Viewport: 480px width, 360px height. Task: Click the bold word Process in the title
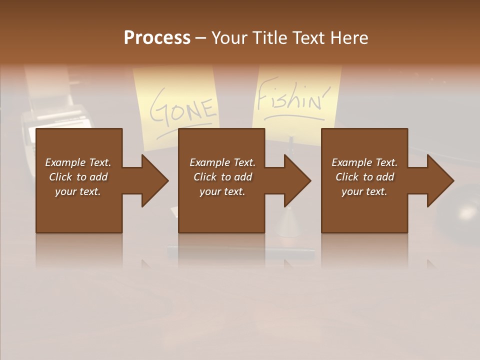pos(157,38)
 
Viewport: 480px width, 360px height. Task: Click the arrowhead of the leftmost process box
pos(153,180)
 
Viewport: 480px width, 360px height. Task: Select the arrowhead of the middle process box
pos(296,180)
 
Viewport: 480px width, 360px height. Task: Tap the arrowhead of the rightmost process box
pos(439,180)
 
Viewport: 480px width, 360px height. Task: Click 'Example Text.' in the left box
pos(78,162)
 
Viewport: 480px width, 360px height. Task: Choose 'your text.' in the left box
pos(78,191)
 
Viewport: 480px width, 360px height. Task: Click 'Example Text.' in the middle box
pos(222,162)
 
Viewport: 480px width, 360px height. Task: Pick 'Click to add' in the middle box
pos(222,177)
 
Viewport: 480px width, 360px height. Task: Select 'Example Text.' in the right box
pos(364,162)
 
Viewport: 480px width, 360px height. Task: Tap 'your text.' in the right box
pos(364,191)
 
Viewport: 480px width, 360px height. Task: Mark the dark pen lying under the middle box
pos(240,249)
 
